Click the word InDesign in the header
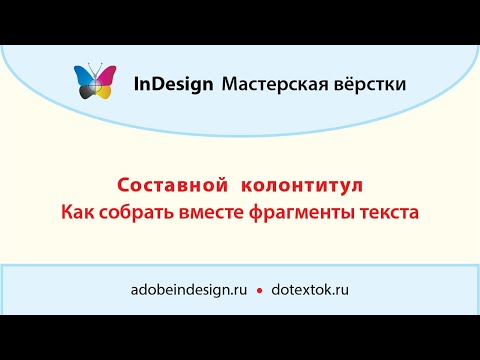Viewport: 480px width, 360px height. pyautogui.click(x=173, y=85)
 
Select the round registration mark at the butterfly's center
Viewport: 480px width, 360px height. pyautogui.click(x=95, y=87)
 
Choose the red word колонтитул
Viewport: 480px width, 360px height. pyautogui.click(x=302, y=187)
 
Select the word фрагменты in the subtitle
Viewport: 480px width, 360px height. pyautogui.click(x=305, y=213)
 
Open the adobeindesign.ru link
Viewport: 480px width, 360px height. pyautogui.click(x=188, y=289)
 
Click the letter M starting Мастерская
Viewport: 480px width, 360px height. pyautogui.click(x=229, y=85)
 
